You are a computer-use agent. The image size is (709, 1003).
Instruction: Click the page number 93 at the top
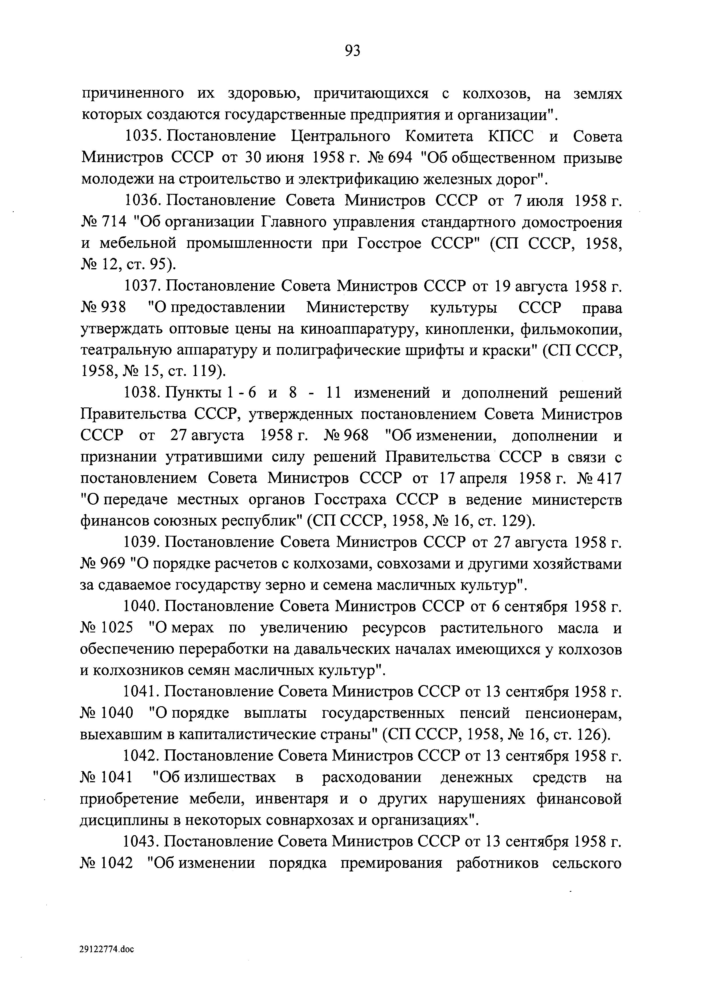[x=353, y=51]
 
